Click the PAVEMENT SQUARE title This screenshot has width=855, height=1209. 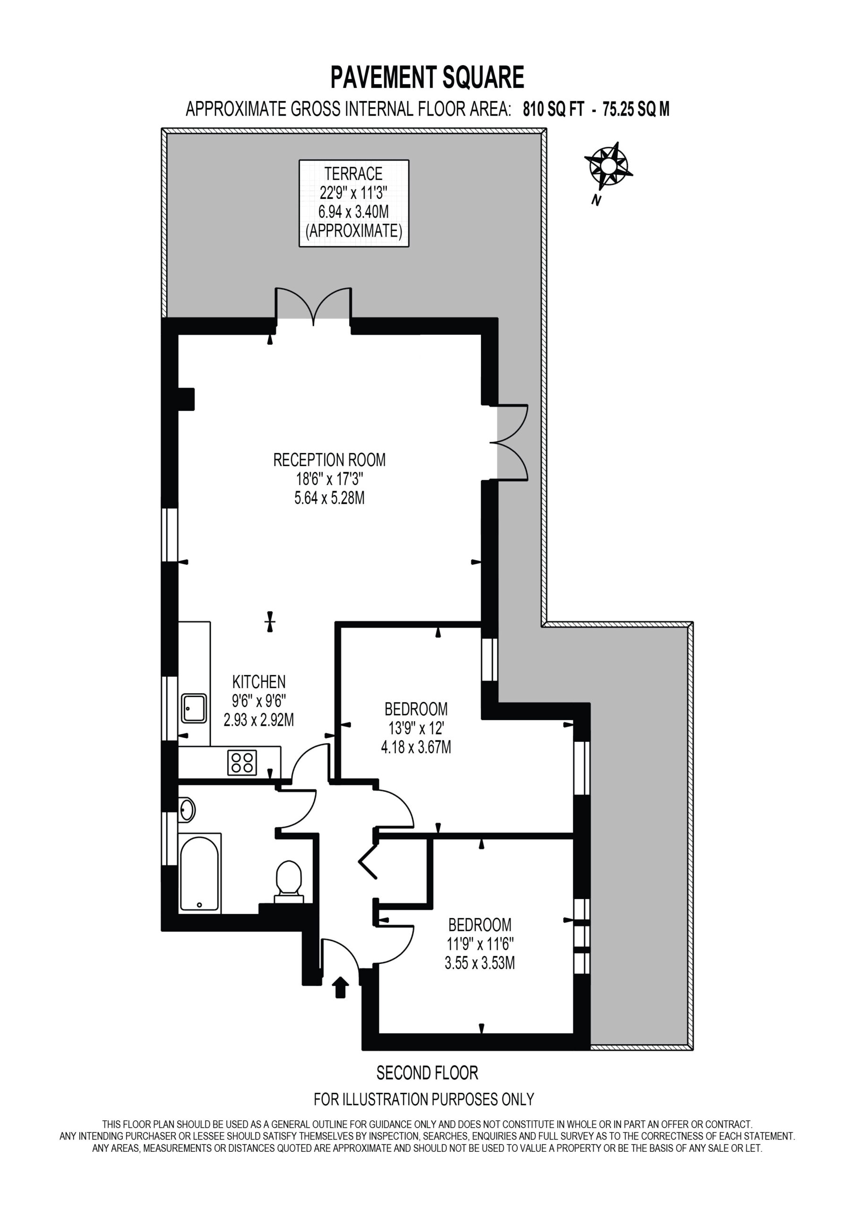[427, 77]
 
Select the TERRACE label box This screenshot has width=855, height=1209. [354, 203]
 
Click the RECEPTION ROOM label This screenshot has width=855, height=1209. [329, 460]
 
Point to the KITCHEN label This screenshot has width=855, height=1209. [259, 682]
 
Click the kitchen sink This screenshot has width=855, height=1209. [194, 708]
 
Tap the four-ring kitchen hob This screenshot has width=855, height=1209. [242, 762]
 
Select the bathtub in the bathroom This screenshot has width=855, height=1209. [199, 873]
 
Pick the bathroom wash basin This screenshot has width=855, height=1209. [187, 810]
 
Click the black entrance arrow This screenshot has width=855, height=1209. [341, 987]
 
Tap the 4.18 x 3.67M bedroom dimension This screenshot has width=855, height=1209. [416, 747]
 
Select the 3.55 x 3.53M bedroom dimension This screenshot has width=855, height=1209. [480, 963]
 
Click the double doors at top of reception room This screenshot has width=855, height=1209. [314, 306]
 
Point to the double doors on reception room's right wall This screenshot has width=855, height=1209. [509, 443]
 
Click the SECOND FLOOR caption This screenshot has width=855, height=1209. [427, 1073]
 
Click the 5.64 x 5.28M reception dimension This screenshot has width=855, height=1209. [329, 498]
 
